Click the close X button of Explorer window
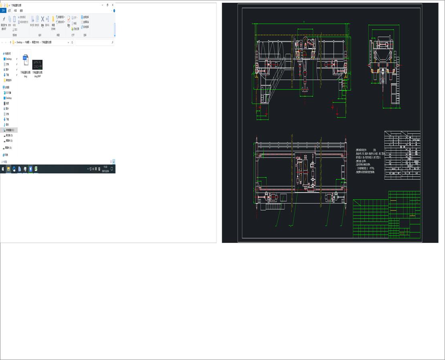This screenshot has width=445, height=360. (x=113, y=5)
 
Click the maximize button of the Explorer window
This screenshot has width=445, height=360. (x=107, y=5)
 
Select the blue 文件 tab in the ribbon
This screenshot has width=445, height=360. (x=3, y=10)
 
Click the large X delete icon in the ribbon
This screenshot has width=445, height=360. (x=42, y=19)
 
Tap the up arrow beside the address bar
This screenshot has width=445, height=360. (x=10, y=42)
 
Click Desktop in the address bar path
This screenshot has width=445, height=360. (x=19, y=42)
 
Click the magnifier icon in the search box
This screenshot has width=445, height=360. (x=112, y=42)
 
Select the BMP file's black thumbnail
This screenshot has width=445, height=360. (x=37, y=64)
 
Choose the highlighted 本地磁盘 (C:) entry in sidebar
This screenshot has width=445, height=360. (x=10, y=130)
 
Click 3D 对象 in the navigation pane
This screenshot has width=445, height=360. (x=9, y=92)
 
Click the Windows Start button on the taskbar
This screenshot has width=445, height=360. (x=2, y=169)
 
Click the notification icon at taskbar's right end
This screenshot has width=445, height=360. (x=112, y=169)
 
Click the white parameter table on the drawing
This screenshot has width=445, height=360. (x=402, y=155)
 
